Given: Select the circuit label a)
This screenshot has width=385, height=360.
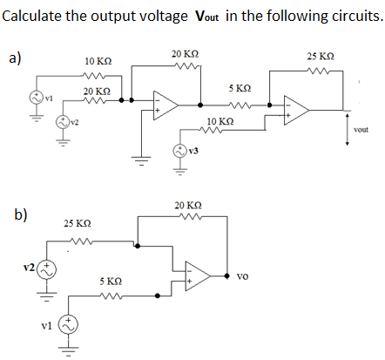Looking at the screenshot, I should [15, 58].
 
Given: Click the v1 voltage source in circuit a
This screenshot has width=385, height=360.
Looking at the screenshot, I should [37, 98].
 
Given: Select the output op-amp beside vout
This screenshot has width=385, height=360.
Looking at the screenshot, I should [295, 108].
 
